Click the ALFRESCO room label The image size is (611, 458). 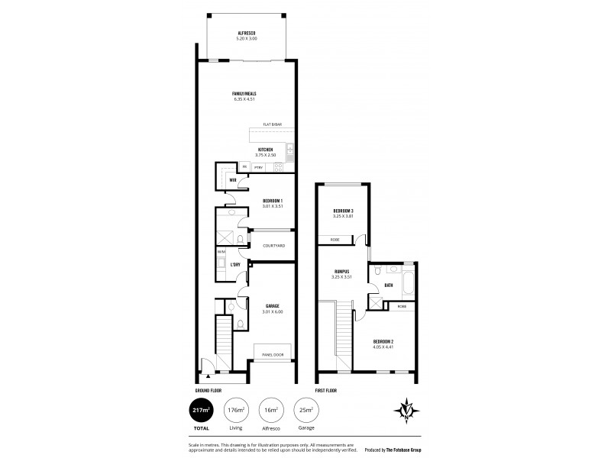point(246,33)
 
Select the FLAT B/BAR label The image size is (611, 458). point(271,124)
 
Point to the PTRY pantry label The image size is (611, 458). point(258,166)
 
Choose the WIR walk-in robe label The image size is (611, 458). point(232,179)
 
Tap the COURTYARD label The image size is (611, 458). point(273,245)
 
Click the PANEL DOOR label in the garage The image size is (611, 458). point(273,355)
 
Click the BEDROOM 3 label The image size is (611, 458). point(343,210)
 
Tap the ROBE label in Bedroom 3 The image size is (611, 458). point(335,240)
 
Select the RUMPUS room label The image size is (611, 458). point(341,272)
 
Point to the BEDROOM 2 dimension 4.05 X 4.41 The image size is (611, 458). point(383,347)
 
